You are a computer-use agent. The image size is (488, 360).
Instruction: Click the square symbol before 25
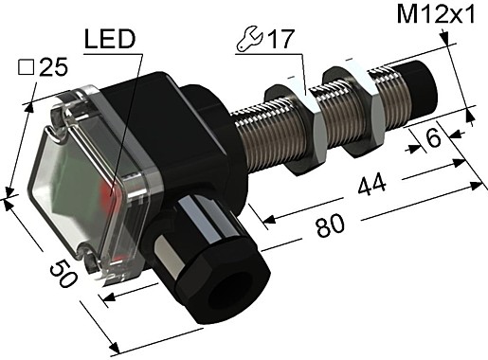[28, 68]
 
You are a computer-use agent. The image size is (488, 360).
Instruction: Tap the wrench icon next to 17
[249, 43]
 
